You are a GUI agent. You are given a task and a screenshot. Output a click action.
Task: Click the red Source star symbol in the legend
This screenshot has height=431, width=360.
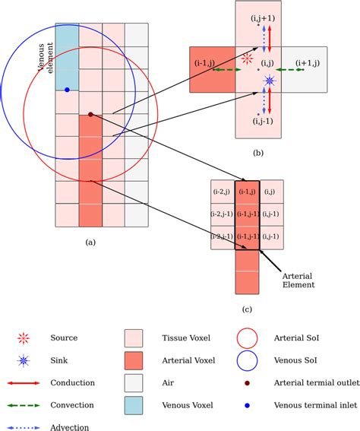25,338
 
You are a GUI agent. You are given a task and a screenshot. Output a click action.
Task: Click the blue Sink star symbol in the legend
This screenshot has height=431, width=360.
25,361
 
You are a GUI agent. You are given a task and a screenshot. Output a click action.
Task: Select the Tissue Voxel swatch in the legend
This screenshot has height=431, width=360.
134,338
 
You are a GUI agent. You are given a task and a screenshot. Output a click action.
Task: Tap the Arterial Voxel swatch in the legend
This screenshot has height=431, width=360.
134,361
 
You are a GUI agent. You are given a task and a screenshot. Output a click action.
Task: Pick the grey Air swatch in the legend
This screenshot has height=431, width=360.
134,384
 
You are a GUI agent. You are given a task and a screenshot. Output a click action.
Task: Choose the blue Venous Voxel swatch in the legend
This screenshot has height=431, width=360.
134,407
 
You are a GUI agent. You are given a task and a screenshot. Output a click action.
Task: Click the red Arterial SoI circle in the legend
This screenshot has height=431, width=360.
247,338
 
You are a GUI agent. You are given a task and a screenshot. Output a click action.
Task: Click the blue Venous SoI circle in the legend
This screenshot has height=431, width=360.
247,361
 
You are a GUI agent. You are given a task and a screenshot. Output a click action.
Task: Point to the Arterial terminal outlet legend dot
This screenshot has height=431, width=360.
247,384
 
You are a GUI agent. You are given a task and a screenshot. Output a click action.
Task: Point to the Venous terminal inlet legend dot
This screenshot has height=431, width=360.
247,407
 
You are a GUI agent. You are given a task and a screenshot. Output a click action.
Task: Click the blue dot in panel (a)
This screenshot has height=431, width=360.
67,90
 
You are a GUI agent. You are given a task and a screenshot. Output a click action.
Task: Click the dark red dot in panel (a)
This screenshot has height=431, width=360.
90,114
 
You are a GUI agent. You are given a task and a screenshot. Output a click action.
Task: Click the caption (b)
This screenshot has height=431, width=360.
258,154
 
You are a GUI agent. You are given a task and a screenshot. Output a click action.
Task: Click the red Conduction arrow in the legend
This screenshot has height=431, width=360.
25,383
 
